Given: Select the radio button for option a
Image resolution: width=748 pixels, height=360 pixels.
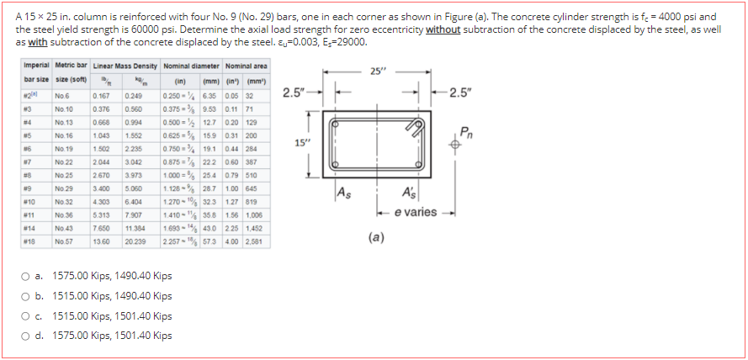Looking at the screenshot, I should coord(40,276).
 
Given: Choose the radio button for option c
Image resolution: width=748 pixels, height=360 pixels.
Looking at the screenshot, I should coord(40,316).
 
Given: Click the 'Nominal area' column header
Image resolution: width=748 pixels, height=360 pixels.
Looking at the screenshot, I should coord(246,66).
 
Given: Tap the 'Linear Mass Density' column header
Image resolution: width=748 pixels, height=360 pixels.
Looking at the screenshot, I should coord(125,66).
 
